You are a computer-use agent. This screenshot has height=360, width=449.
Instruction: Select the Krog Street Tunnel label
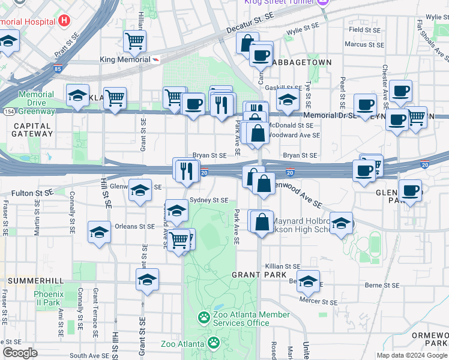(280, 3)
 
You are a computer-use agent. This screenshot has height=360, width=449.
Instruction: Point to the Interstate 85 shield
(56, 69)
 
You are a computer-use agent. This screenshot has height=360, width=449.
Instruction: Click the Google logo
(20, 353)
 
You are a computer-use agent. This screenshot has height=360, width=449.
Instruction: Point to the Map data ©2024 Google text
(411, 355)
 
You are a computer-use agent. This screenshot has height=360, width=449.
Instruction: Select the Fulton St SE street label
(33, 194)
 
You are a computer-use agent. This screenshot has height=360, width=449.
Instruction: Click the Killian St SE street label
(283, 266)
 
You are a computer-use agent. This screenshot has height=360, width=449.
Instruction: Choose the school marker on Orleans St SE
(99, 232)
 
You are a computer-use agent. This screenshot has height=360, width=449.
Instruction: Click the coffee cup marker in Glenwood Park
(411, 191)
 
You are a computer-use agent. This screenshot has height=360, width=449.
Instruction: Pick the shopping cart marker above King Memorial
(135, 41)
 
